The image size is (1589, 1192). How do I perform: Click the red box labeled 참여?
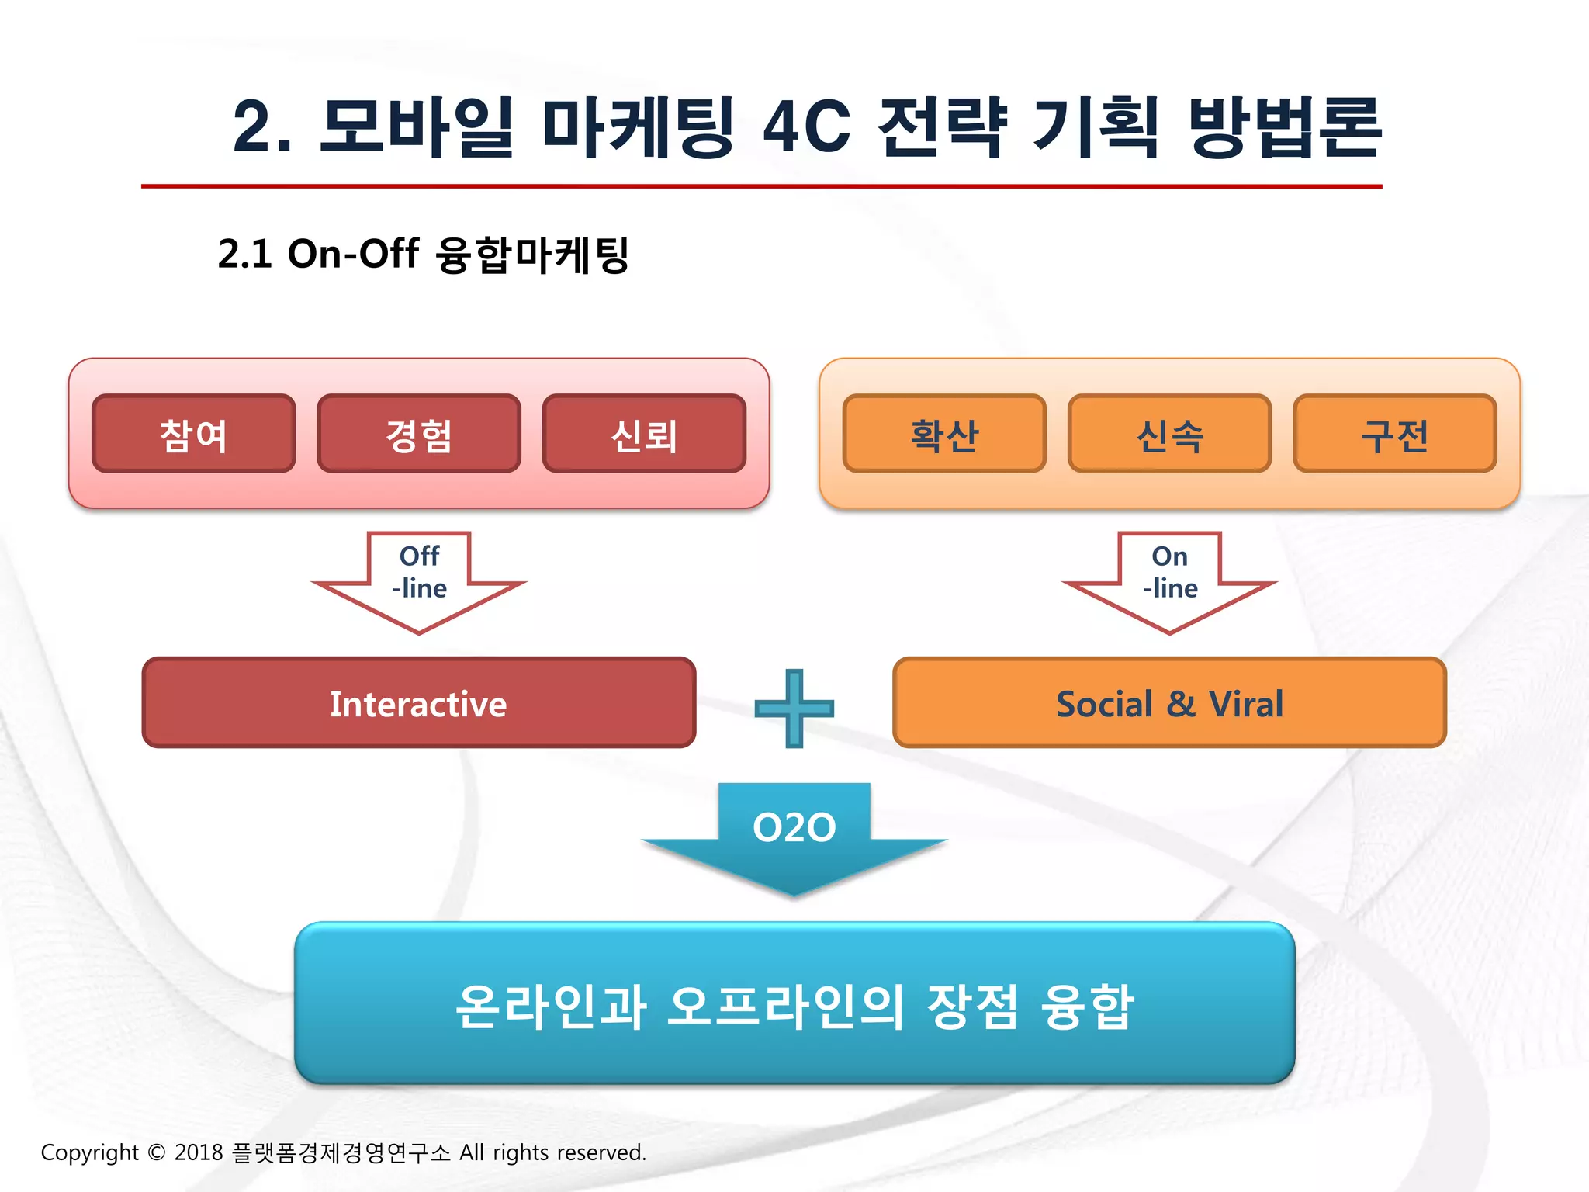193,434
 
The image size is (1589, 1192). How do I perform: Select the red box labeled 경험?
419,434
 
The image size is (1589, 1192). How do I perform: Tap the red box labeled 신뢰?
644,434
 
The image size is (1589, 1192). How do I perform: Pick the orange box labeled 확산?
944,434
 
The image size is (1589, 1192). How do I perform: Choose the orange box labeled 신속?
1169,434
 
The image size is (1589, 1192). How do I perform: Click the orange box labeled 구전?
1394,434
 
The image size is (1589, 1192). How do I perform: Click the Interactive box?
419,703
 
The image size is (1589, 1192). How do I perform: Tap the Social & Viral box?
1169,703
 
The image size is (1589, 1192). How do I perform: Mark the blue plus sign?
794,708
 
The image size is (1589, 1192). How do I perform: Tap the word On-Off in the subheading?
353,254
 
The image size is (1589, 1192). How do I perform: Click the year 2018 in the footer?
199,1152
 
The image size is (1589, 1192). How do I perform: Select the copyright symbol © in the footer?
156,1152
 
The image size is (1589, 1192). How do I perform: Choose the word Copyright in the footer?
89,1152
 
